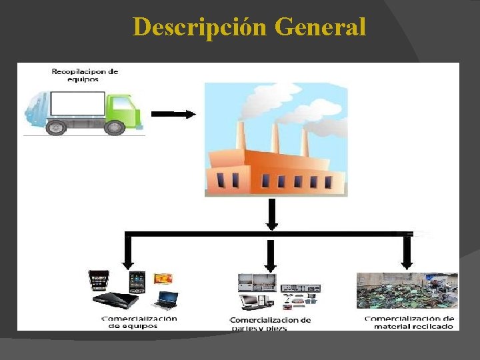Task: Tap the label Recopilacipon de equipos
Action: click(85, 75)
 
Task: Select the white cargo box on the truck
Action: click(77, 105)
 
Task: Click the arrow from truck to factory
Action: click(173, 114)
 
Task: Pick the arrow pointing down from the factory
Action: click(271, 215)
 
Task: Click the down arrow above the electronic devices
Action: click(128, 252)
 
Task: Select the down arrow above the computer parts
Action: click(271, 254)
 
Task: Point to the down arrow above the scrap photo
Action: click(407, 252)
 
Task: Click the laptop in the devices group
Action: click(165, 299)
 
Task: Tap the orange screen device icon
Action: click(163, 278)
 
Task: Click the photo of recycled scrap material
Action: click(407, 291)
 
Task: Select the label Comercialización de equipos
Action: click(139, 322)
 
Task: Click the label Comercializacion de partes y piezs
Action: click(270, 324)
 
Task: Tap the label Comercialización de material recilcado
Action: click(409, 323)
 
